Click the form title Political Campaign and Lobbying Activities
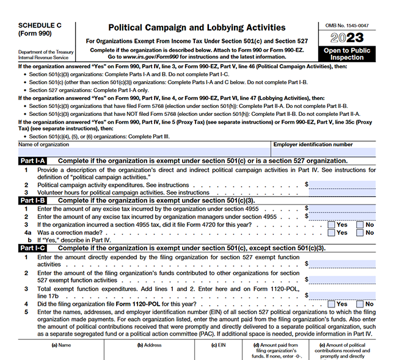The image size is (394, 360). [196, 27]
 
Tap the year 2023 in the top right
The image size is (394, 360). [348, 37]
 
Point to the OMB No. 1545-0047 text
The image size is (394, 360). [348, 25]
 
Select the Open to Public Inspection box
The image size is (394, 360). [348, 54]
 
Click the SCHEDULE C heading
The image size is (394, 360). [37, 25]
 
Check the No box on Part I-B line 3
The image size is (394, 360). [360, 225]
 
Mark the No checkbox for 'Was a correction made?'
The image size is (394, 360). [360, 232]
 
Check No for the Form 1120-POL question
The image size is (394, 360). [360, 304]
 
